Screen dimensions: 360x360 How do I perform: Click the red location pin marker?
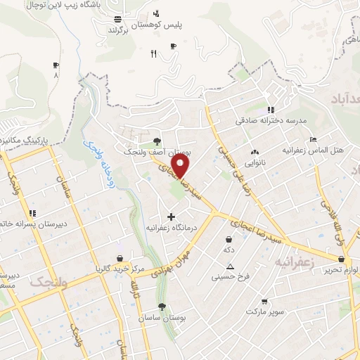[x=181, y=166]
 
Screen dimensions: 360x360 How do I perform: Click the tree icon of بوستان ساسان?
[x=162, y=307]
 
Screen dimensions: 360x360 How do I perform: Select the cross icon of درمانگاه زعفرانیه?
[x=171, y=217]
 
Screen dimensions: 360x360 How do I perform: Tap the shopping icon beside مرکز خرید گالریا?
[x=120, y=258]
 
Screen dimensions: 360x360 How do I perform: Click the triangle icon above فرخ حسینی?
[x=230, y=266]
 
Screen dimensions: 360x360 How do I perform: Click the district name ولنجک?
[x=49, y=282]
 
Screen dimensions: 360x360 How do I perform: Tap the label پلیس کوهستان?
[x=179, y=25]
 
